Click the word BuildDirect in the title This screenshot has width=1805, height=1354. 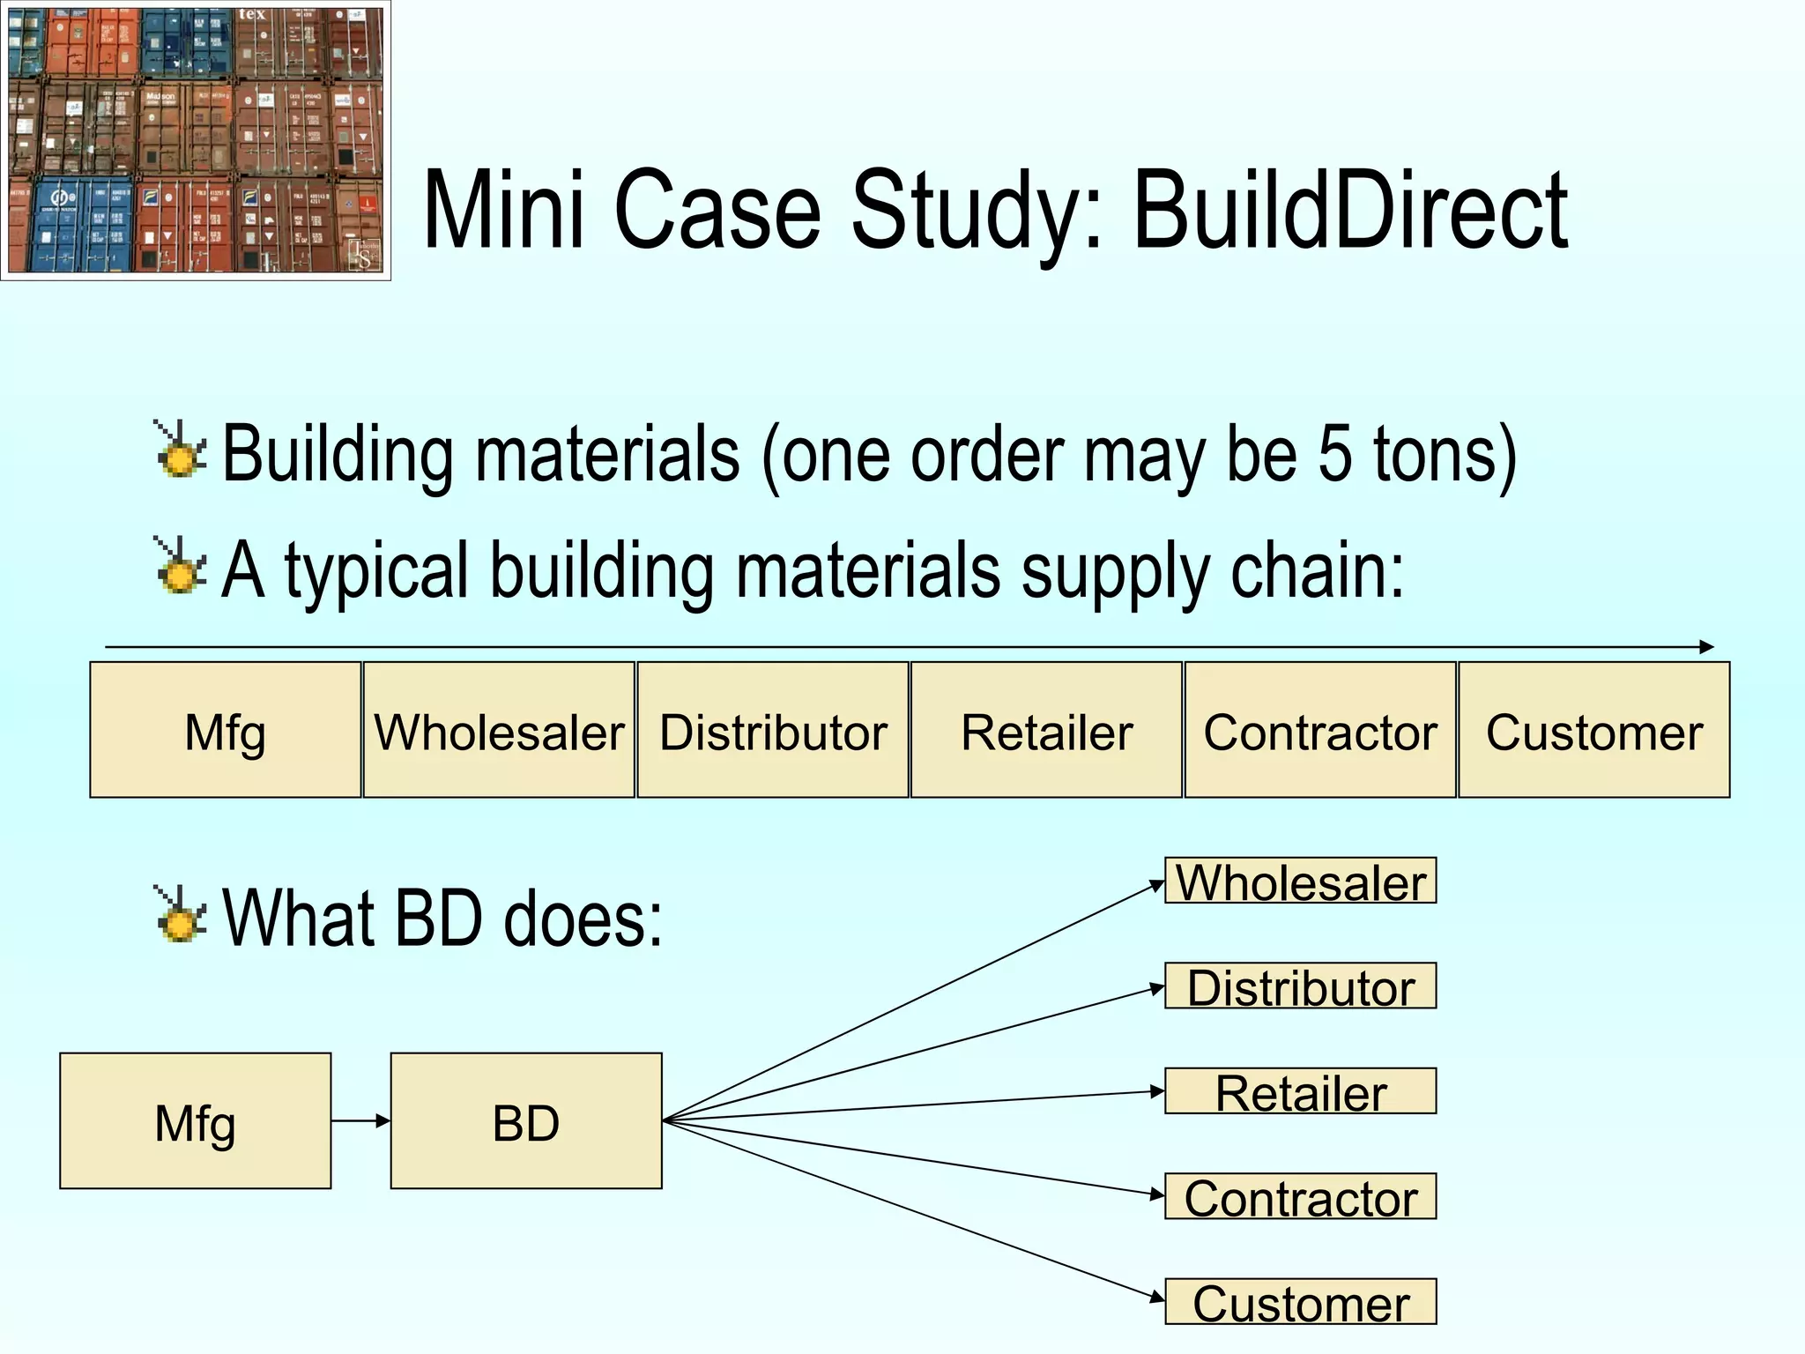pyautogui.click(x=1350, y=212)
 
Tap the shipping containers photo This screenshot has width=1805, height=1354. pyautogui.click(x=195, y=140)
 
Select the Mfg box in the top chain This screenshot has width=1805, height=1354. pyautogui.click(x=226, y=730)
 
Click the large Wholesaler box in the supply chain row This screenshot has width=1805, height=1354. pyautogui.click(x=499, y=730)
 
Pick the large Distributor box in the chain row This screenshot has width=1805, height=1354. pyautogui.click(x=773, y=730)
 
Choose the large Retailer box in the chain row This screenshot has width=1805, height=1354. pyautogui.click(x=1046, y=730)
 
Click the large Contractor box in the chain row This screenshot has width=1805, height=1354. pyautogui.click(x=1320, y=730)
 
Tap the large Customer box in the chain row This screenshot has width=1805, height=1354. pyautogui.click(x=1593, y=730)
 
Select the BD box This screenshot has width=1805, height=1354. pyautogui.click(x=526, y=1121)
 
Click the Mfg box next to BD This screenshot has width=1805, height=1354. pyautogui.click(x=196, y=1121)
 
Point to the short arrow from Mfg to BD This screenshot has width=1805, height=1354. pyautogui.click(x=360, y=1121)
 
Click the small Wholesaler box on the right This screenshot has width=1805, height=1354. pyautogui.click(x=1301, y=881)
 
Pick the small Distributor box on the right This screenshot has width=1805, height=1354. pyautogui.click(x=1301, y=986)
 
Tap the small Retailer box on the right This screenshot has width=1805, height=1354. pyautogui.click(x=1301, y=1091)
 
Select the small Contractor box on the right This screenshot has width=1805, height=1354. pyautogui.click(x=1301, y=1196)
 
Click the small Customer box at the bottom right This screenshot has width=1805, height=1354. pyautogui.click(x=1301, y=1302)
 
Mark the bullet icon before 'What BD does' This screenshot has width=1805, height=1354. pyautogui.click(x=181, y=914)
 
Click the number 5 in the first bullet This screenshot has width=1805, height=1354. pyautogui.click(x=1334, y=454)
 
